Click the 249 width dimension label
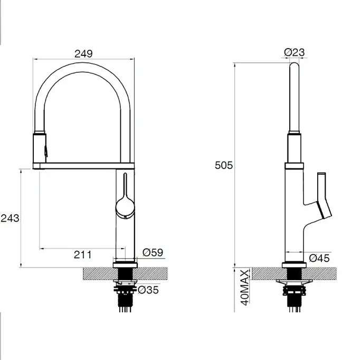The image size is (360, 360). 83,54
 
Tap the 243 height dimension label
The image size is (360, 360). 10,218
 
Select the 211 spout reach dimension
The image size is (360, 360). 83,254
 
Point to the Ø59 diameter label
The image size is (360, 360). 153,252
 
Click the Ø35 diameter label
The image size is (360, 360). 148,290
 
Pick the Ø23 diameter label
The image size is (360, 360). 295,52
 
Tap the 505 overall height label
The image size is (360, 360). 224,165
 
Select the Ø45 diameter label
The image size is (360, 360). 319,258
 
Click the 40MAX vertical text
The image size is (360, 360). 245,288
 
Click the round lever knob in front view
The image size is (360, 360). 125,208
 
